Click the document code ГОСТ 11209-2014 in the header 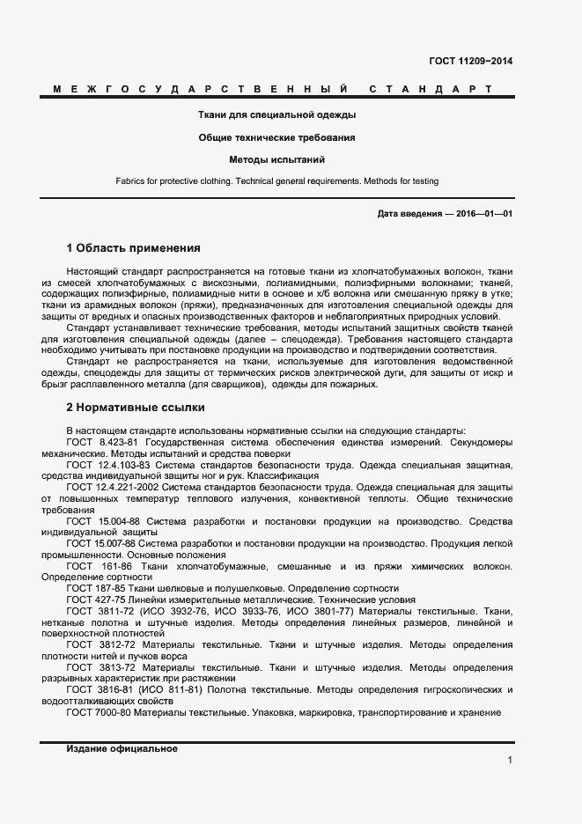click(x=470, y=61)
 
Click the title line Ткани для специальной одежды click(x=276, y=114)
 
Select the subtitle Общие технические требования click(x=276, y=137)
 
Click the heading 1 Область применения click(x=133, y=248)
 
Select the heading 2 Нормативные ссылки click(x=136, y=408)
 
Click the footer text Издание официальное click(x=122, y=749)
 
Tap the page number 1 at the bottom click(x=510, y=760)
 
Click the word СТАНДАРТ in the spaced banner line click(x=430, y=90)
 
